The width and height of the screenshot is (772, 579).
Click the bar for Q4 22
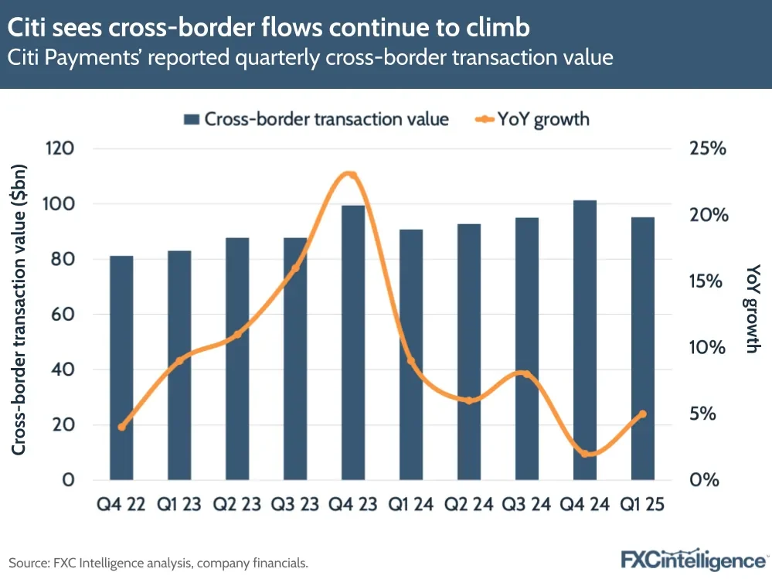(x=121, y=367)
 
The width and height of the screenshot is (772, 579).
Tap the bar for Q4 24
(x=585, y=340)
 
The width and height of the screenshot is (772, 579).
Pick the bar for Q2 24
(x=469, y=352)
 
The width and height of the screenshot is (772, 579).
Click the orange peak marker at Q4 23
(x=350, y=175)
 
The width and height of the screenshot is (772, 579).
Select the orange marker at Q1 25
(x=643, y=414)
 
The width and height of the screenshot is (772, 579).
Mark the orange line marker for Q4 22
(x=121, y=427)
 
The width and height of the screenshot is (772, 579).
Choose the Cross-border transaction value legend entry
(x=316, y=119)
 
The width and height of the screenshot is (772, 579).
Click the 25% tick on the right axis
(x=708, y=148)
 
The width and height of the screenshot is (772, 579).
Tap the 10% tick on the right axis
(x=708, y=347)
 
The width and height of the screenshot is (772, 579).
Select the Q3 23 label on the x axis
(x=295, y=505)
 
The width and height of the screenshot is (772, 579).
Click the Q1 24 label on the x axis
(x=411, y=505)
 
